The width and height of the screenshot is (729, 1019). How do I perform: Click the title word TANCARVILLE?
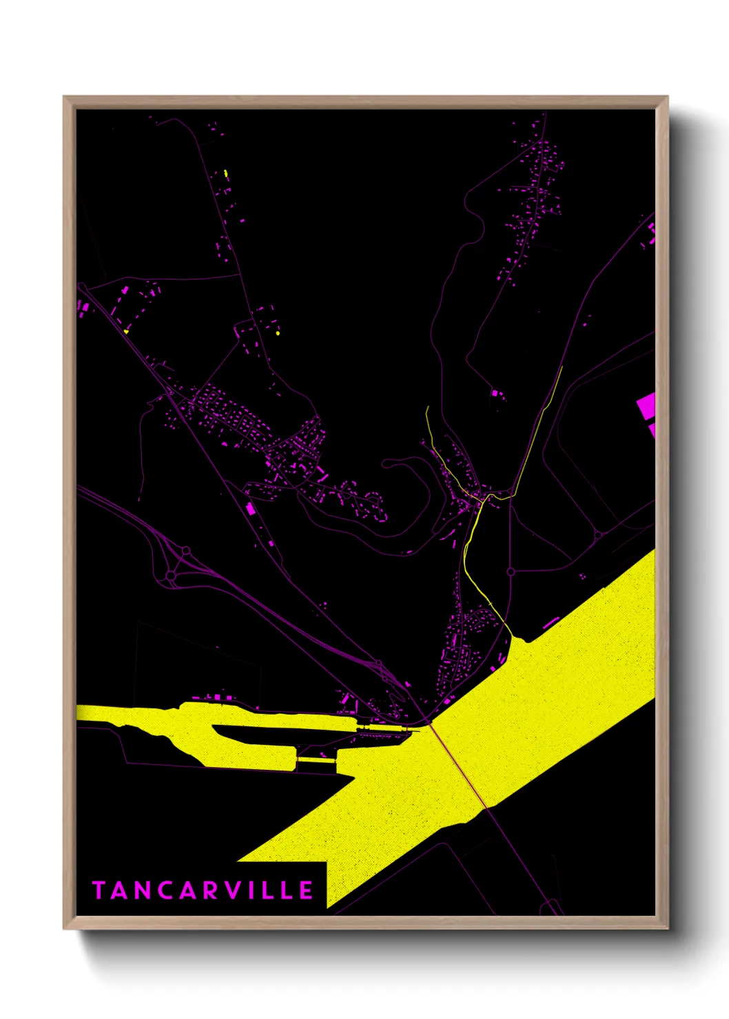coord(203,890)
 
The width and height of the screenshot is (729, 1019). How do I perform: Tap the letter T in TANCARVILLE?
coord(99,890)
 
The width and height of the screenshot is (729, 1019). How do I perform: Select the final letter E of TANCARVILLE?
coord(307,890)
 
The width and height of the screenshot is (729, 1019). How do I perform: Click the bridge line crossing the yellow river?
coord(459,764)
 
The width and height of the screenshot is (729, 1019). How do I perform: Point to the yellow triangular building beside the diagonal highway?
coord(126,332)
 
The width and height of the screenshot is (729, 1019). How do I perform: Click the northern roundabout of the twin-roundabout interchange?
coord(185,551)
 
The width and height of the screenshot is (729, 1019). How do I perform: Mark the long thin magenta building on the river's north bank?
coord(551,623)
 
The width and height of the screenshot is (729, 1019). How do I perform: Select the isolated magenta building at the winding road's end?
coord(494,392)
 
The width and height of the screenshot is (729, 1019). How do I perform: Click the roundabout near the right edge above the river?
coord(597,534)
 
